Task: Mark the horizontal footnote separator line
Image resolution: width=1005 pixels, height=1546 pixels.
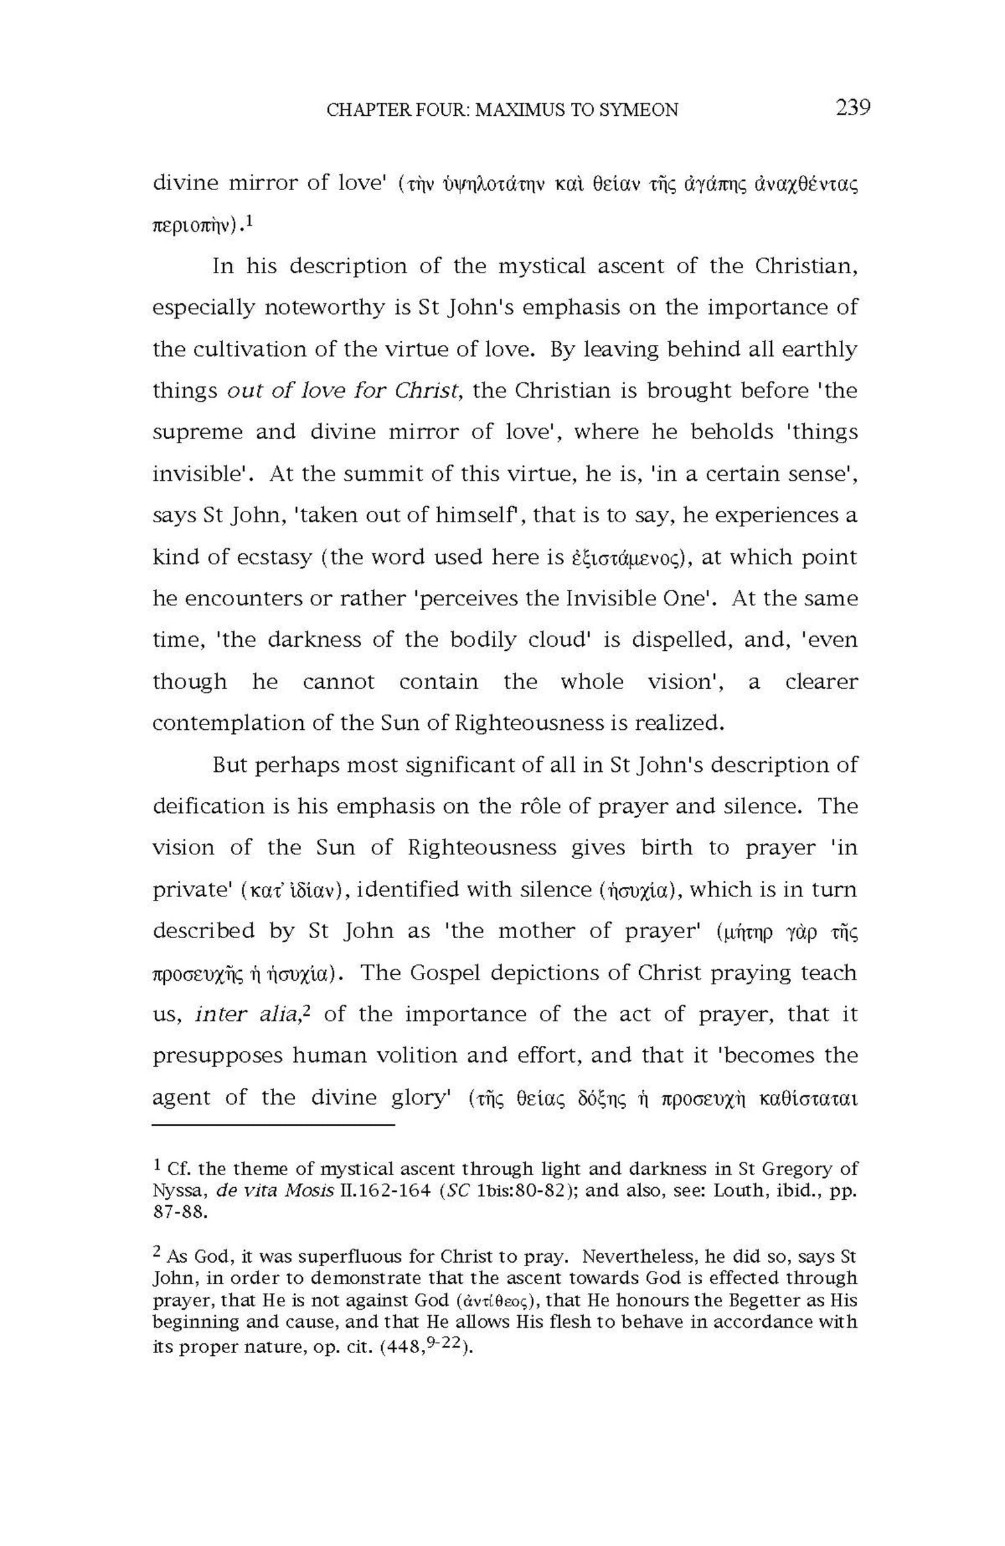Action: coord(273,1126)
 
